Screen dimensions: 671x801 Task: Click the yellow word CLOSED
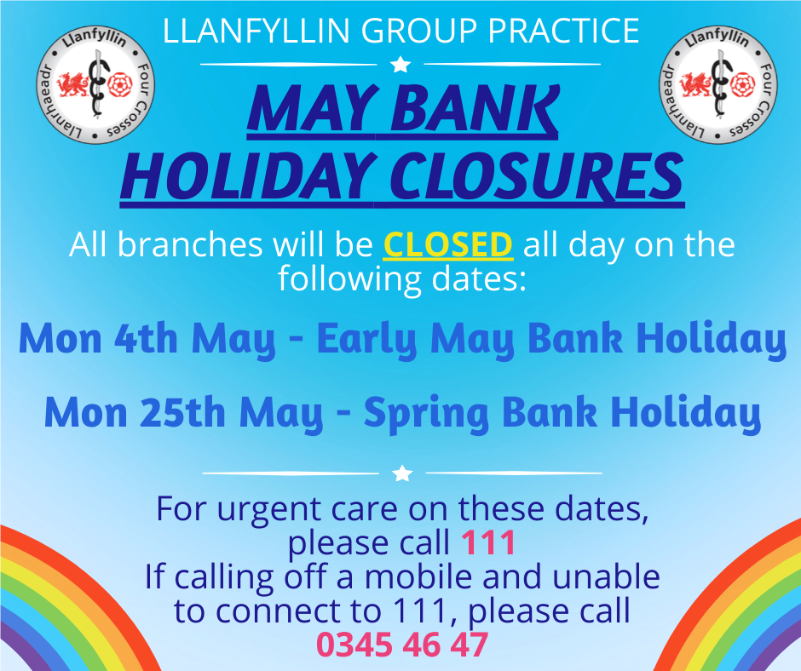pos(448,245)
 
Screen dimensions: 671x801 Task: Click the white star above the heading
pos(400,64)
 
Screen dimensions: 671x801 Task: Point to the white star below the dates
pos(403,473)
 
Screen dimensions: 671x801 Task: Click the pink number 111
pos(488,542)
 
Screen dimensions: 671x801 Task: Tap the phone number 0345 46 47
pos(402,644)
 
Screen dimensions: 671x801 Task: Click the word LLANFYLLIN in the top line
pos(255,32)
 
